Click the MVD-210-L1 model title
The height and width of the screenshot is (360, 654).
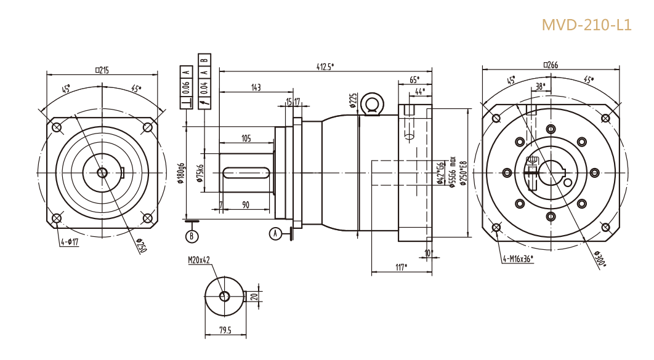click(x=586, y=25)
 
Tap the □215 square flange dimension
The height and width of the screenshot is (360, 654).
click(x=102, y=70)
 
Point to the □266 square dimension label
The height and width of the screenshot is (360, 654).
click(x=551, y=65)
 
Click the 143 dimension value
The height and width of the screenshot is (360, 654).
click(x=256, y=88)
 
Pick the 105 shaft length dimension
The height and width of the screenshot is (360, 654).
click(x=246, y=138)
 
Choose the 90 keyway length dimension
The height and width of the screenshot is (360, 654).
click(x=246, y=205)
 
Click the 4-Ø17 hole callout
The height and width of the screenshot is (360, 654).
click(x=70, y=242)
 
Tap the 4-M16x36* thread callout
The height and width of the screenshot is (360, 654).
click(x=518, y=258)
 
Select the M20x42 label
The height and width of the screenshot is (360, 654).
click(x=200, y=260)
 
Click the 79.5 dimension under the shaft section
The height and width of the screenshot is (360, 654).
click(x=225, y=331)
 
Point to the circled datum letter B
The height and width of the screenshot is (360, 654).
click(x=192, y=236)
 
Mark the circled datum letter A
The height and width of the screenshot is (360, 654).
click(x=276, y=233)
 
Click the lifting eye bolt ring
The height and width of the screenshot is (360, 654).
click(x=371, y=103)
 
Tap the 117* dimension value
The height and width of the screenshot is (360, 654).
click(x=401, y=267)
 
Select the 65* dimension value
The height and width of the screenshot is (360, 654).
click(x=414, y=80)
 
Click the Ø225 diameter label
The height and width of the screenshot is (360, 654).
click(x=353, y=100)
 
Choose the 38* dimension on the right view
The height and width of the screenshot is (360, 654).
click(x=541, y=86)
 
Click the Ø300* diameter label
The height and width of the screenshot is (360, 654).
click(x=600, y=260)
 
